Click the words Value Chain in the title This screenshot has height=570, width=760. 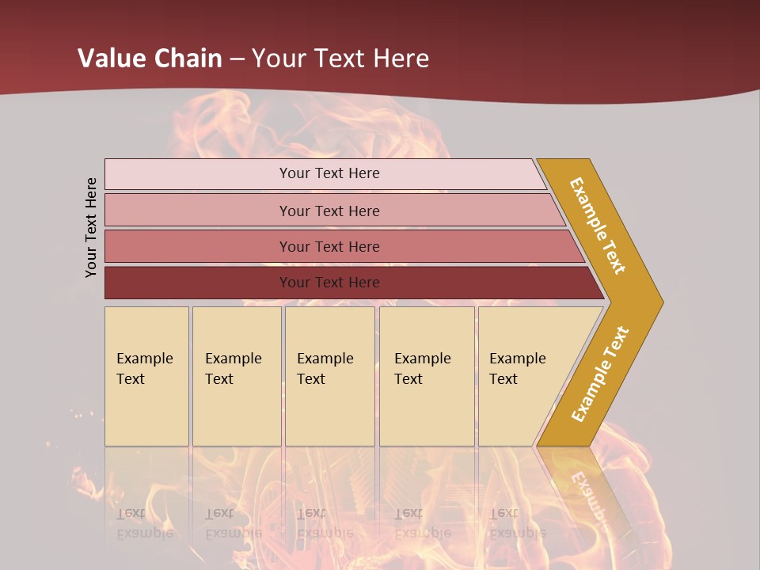150,58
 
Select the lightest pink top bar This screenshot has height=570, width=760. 198,174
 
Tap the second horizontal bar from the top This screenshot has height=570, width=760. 198,211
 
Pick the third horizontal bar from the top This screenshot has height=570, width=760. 198,246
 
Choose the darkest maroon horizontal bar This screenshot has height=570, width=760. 198,283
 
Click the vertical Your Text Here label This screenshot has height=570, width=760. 91,227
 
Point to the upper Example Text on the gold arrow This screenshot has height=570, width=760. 598,226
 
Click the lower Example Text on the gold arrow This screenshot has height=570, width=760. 600,374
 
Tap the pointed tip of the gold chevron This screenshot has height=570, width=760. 659,302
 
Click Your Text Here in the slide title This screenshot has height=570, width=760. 340,58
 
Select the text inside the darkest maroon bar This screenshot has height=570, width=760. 329,283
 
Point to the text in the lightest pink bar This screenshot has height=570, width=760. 329,173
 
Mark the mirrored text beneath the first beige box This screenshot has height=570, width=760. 143,523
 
